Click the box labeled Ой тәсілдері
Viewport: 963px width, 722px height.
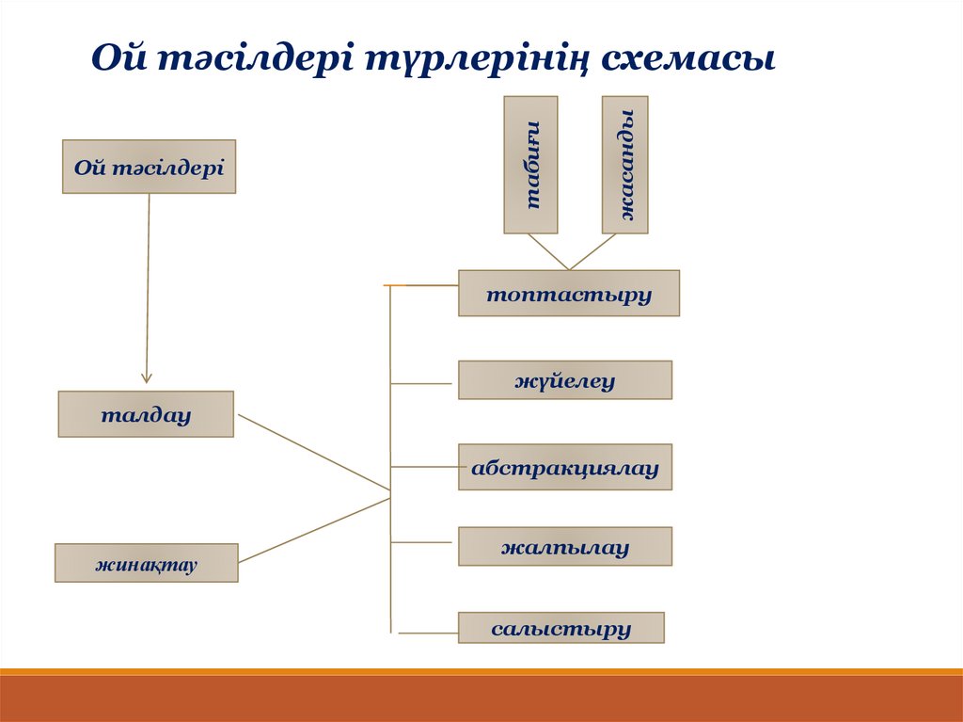149,167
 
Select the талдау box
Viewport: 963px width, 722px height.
146,414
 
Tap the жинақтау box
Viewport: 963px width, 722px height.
146,563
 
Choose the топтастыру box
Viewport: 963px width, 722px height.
568,293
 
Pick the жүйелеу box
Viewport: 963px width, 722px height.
564,380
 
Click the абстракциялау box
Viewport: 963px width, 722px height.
564,467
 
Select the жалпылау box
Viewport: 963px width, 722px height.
564,546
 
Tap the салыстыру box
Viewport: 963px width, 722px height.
560,628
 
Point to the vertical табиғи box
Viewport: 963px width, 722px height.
530,165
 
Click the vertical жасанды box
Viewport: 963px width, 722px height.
625,165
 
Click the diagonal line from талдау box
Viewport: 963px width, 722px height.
313,453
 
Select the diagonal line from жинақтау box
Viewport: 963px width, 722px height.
313,530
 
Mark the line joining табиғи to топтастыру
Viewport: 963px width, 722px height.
547,251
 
